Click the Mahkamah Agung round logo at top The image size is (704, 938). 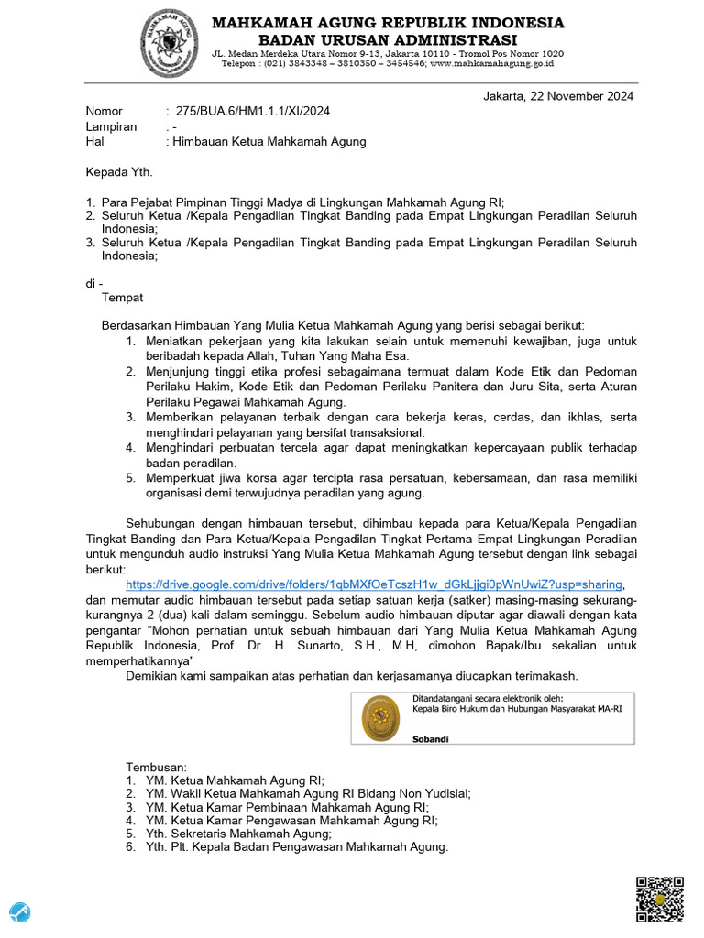[169, 43]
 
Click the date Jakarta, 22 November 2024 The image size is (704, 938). [557, 96]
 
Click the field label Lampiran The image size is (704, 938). [111, 126]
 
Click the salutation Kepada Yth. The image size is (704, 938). [119, 171]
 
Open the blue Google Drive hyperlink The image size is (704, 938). [375, 584]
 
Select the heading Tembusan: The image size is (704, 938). [156, 766]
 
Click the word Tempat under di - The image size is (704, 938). [122, 297]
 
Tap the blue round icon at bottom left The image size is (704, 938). [20, 912]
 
